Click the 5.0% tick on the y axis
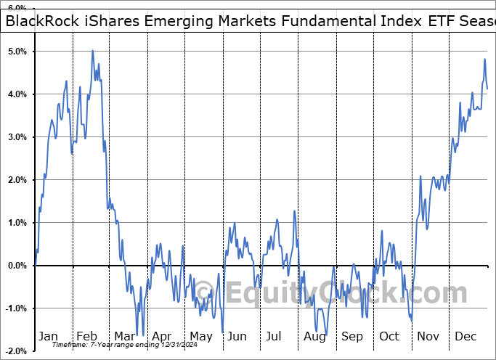click(x=17, y=52)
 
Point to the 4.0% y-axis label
click(x=17, y=94)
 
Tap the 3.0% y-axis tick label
click(x=17, y=137)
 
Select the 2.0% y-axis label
click(x=17, y=180)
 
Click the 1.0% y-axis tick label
click(x=17, y=223)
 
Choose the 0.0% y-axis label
click(x=17, y=266)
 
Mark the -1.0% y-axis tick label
click(x=15, y=308)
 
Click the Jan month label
click(x=48, y=337)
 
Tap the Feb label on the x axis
click(x=86, y=337)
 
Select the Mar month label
click(x=123, y=337)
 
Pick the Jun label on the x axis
click(x=237, y=337)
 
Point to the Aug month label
click(x=314, y=337)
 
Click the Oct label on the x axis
click(x=390, y=337)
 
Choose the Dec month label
click(x=466, y=337)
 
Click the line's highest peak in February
click(x=92, y=51)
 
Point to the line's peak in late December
click(x=484, y=60)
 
